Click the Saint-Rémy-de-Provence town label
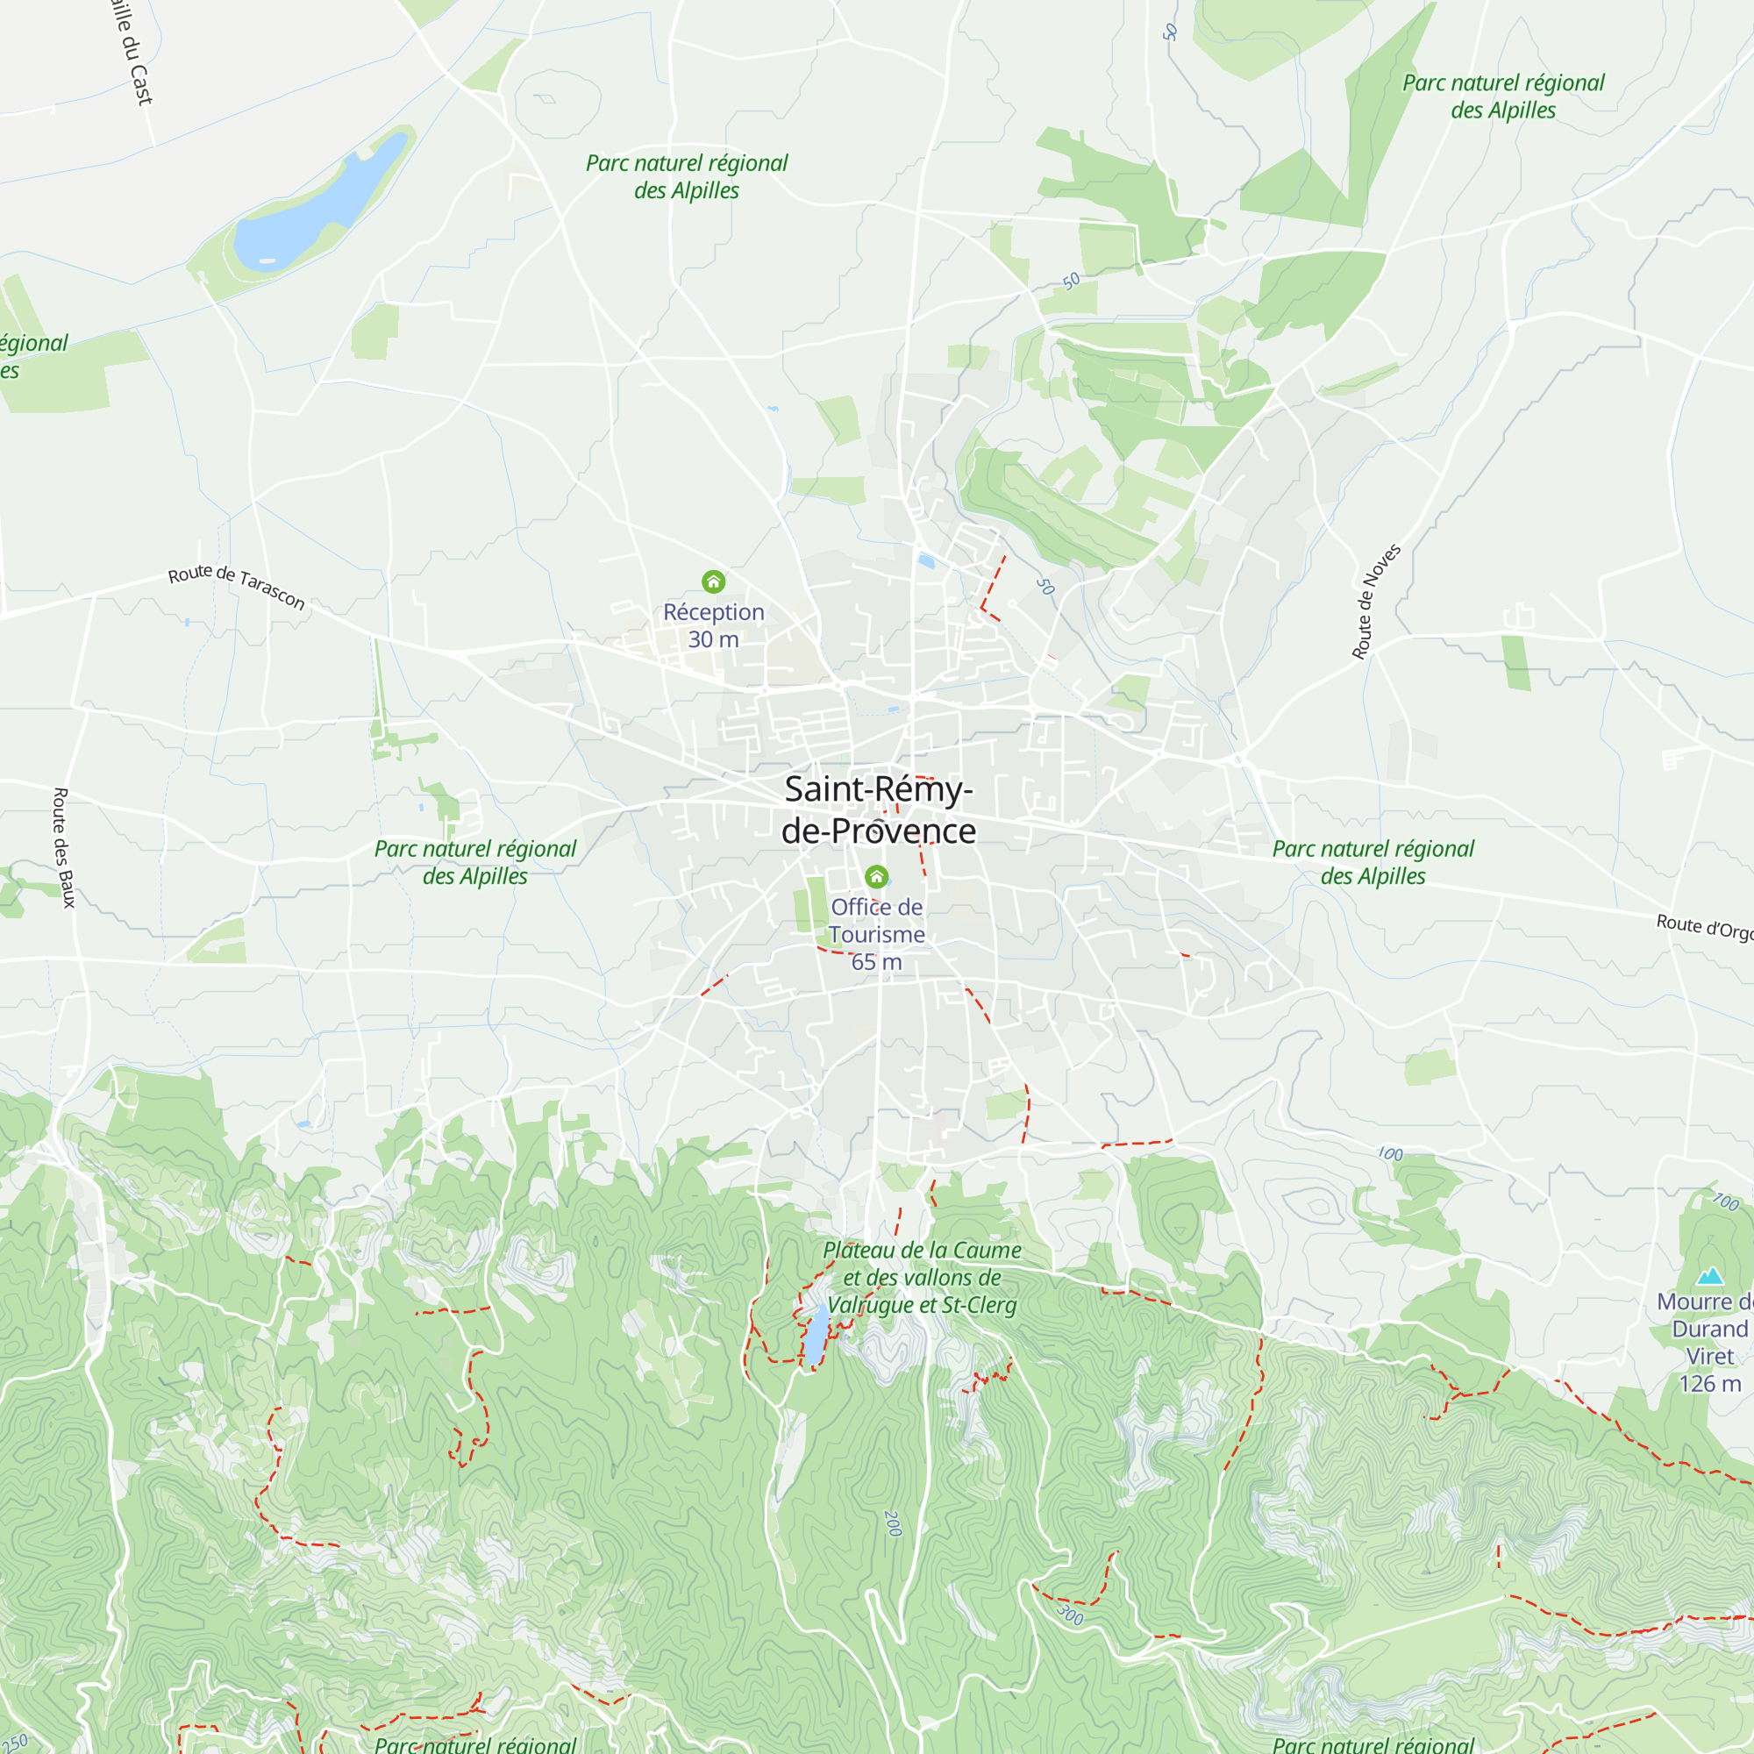(878, 809)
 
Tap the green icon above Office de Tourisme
(876, 876)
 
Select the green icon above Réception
(714, 581)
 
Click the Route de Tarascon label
(236, 586)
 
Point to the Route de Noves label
(1376, 601)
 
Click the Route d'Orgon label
(1704, 928)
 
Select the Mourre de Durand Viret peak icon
(1709, 1276)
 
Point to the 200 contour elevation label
(893, 1524)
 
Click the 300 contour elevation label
(1070, 1615)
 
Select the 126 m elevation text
(1709, 1384)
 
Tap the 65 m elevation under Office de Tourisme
(876, 961)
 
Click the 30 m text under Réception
(714, 639)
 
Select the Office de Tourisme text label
(876, 920)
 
